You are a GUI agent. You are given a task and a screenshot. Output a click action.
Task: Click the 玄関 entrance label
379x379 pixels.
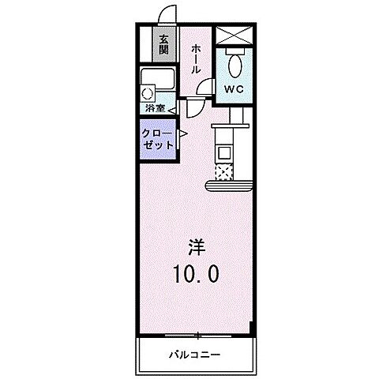[x=163, y=44]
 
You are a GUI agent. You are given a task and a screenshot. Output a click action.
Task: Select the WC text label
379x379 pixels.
[x=234, y=90]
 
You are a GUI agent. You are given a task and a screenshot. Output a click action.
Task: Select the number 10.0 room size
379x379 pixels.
[x=197, y=274]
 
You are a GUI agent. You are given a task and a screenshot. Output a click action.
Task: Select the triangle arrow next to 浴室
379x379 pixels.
[x=171, y=108]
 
